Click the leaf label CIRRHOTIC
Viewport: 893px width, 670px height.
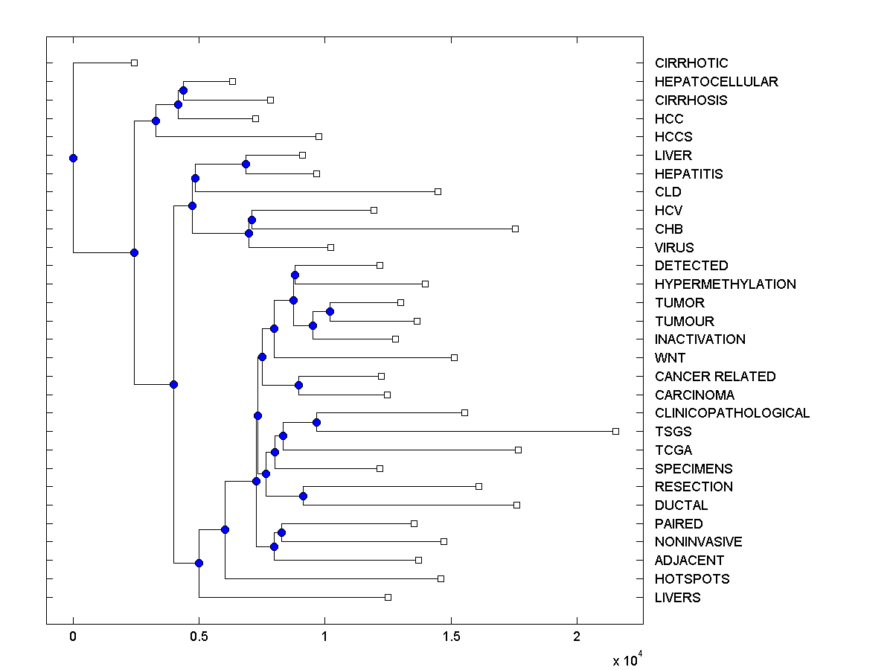click(691, 63)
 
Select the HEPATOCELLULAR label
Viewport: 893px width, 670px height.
click(716, 82)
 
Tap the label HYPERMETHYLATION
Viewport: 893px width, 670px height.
click(725, 284)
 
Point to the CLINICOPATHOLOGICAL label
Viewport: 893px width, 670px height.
click(732, 413)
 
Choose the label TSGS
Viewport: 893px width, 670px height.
click(673, 432)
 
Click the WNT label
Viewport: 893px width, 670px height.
click(670, 358)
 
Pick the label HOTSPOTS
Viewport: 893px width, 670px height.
click(692, 579)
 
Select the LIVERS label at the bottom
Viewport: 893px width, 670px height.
click(677, 598)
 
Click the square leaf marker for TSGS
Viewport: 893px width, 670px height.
click(615, 431)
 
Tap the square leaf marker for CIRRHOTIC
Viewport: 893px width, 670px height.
click(134, 63)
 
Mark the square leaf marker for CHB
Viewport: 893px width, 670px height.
click(515, 229)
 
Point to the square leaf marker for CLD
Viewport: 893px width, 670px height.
click(438, 191)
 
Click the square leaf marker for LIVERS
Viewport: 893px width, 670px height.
click(388, 597)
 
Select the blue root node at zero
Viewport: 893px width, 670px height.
click(73, 158)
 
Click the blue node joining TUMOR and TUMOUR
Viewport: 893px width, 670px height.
click(330, 311)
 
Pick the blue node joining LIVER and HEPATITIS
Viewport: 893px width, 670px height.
click(246, 164)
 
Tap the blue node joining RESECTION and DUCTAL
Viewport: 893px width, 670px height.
click(303, 496)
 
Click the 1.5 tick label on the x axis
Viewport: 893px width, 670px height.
click(450, 636)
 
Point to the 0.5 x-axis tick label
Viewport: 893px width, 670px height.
click(199, 636)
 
